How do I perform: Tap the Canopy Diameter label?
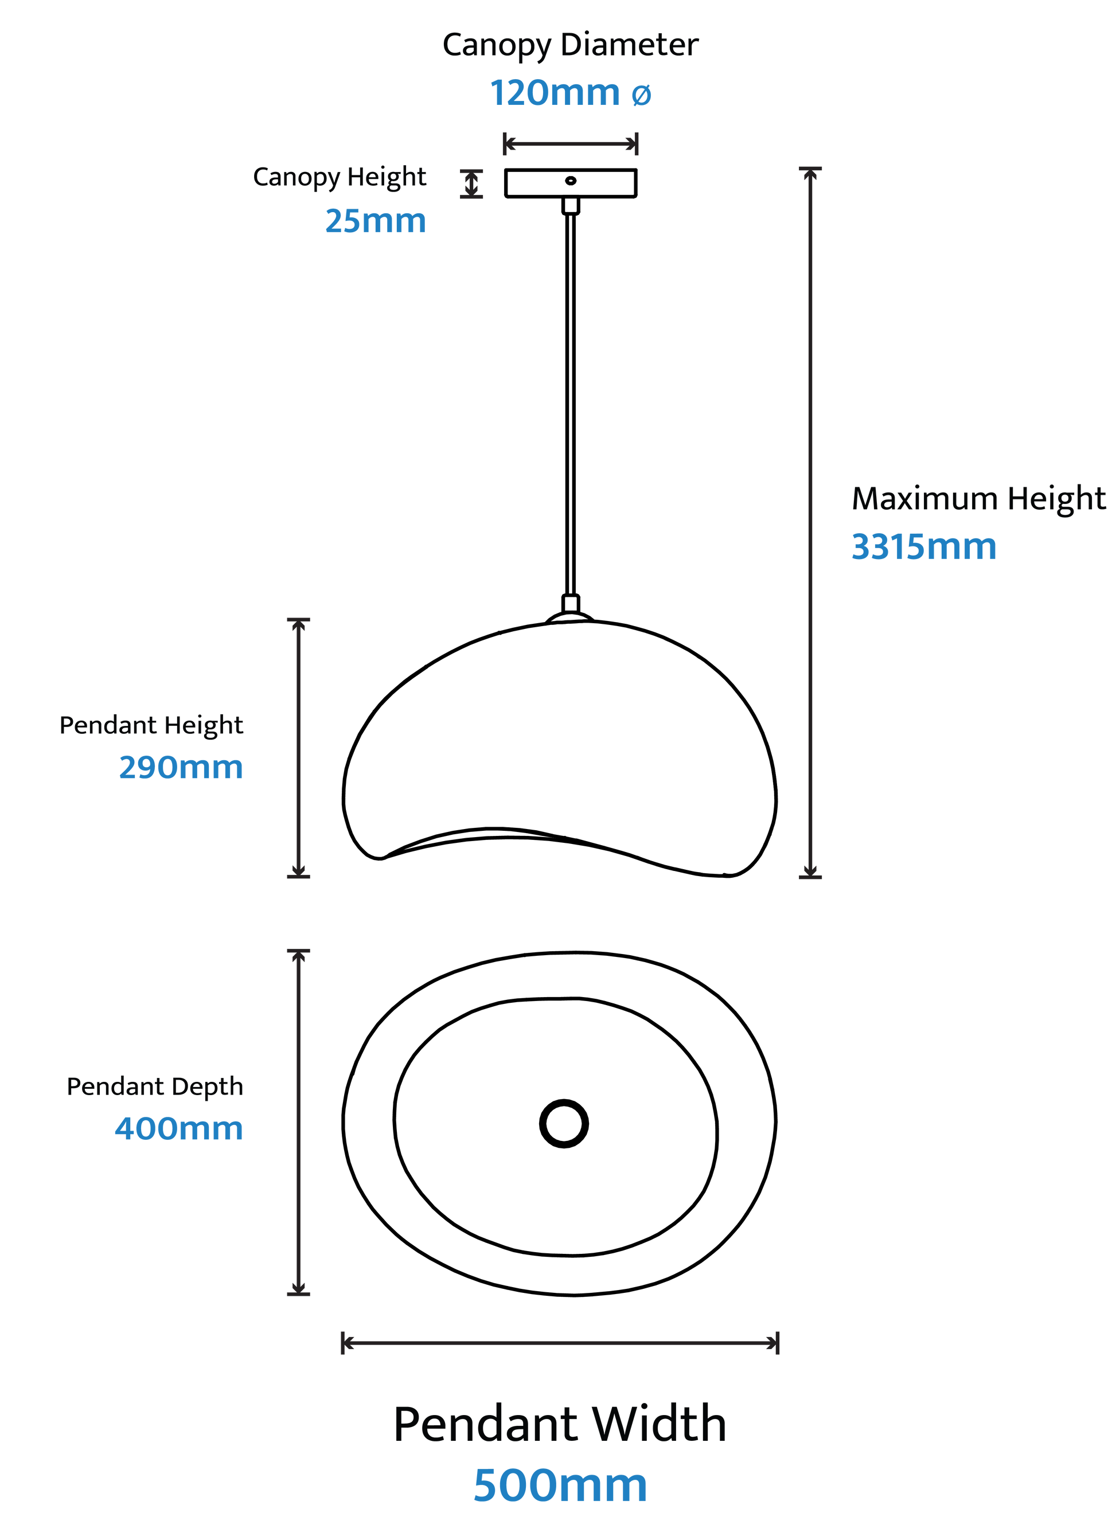[x=570, y=45]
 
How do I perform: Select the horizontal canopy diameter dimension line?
[x=570, y=144]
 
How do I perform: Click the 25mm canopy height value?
[x=375, y=221]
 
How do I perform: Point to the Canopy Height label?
[x=339, y=177]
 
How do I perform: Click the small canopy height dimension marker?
[x=471, y=184]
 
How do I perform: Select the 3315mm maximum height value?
[x=923, y=548]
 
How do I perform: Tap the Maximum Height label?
[x=978, y=498]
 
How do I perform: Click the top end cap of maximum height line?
[x=810, y=169]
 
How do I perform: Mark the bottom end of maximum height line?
[x=810, y=877]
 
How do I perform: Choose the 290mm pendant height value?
[x=181, y=768]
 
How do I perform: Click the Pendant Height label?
[x=151, y=725]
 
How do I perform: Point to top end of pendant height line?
[x=298, y=620]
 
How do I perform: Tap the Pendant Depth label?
[x=154, y=1086]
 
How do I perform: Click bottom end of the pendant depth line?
[x=298, y=1292]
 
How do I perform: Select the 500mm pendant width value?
[x=560, y=1486]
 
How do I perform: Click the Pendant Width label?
[x=560, y=1424]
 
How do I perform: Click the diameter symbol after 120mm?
[x=641, y=95]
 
